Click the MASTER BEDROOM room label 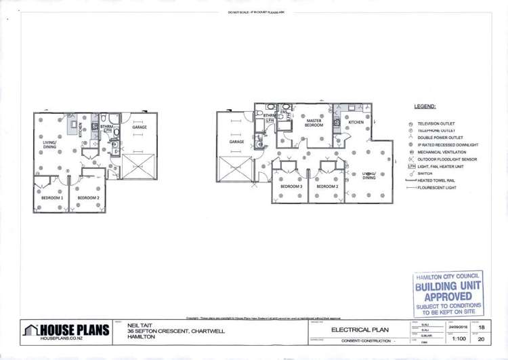[314, 123]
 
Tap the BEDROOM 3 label [291, 186]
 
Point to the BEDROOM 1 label [43, 198]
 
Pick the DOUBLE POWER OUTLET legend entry [440, 138]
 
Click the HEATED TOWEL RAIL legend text [438, 180]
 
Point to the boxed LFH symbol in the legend [410, 167]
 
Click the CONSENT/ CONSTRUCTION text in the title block [366, 340]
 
